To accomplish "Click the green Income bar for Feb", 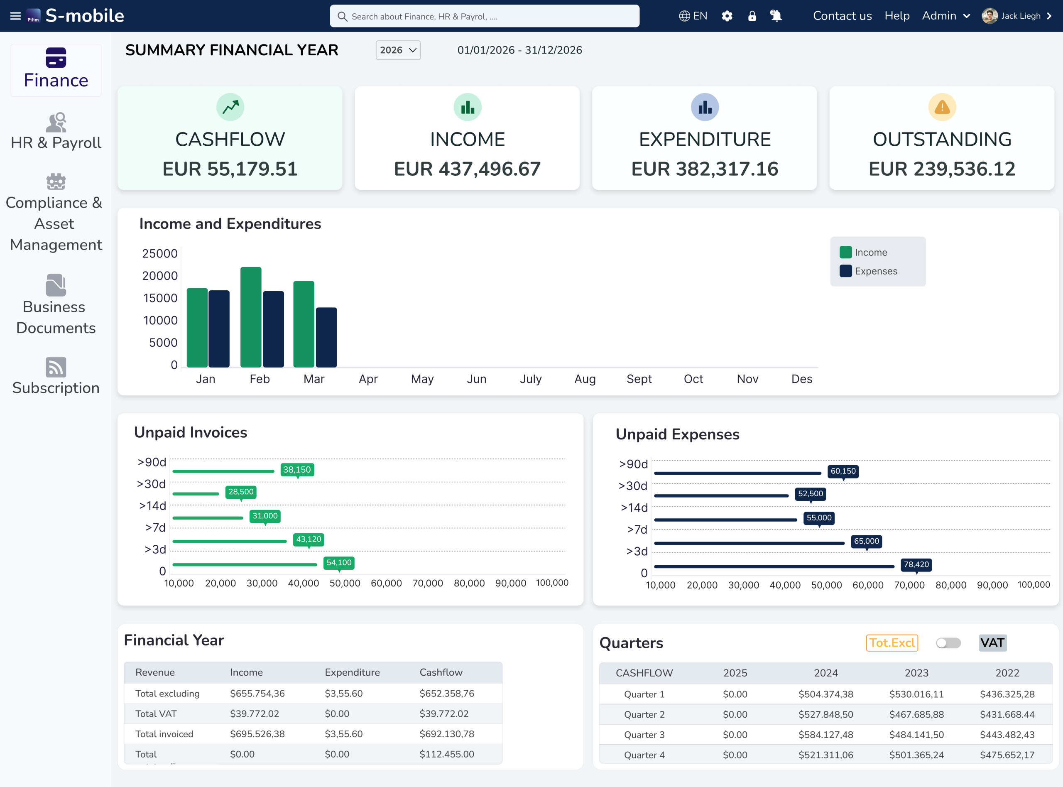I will pos(250,317).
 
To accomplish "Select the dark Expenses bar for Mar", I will pos(326,337).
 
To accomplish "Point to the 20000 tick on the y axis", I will pos(159,276).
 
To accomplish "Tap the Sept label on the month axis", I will pos(639,379).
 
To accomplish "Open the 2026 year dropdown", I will pos(398,50).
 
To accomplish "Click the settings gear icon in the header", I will pos(727,16).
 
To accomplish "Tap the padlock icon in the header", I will pos(752,16).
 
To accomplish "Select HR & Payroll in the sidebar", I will pos(56,132).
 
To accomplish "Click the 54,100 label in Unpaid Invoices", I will pos(338,563).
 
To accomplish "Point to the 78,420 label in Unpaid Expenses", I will pos(916,564).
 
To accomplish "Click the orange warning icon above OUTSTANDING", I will pos(942,107).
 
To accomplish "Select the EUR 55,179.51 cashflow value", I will pos(230,169).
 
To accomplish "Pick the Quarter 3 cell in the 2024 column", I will pos(825,735).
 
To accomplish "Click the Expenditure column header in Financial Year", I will pos(352,672).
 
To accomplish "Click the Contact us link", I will pos(842,16).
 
